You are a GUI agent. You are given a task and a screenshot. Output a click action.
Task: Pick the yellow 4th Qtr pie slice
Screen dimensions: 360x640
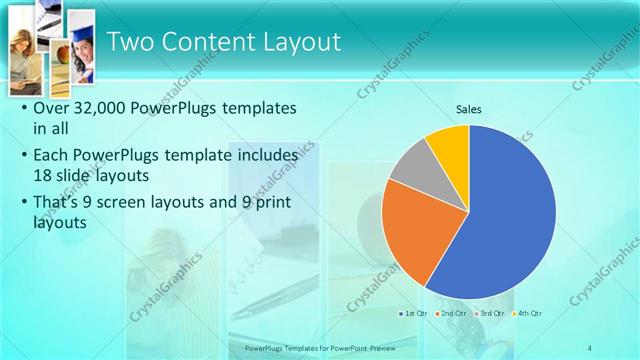(x=450, y=146)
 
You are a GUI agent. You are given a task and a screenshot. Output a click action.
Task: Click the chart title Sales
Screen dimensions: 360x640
(x=468, y=109)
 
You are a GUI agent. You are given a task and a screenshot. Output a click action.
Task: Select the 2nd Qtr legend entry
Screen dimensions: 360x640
(x=452, y=314)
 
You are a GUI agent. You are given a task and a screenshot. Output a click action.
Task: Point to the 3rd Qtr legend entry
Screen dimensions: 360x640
(x=489, y=314)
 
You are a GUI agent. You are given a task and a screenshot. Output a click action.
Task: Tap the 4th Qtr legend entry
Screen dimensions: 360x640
(x=526, y=314)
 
